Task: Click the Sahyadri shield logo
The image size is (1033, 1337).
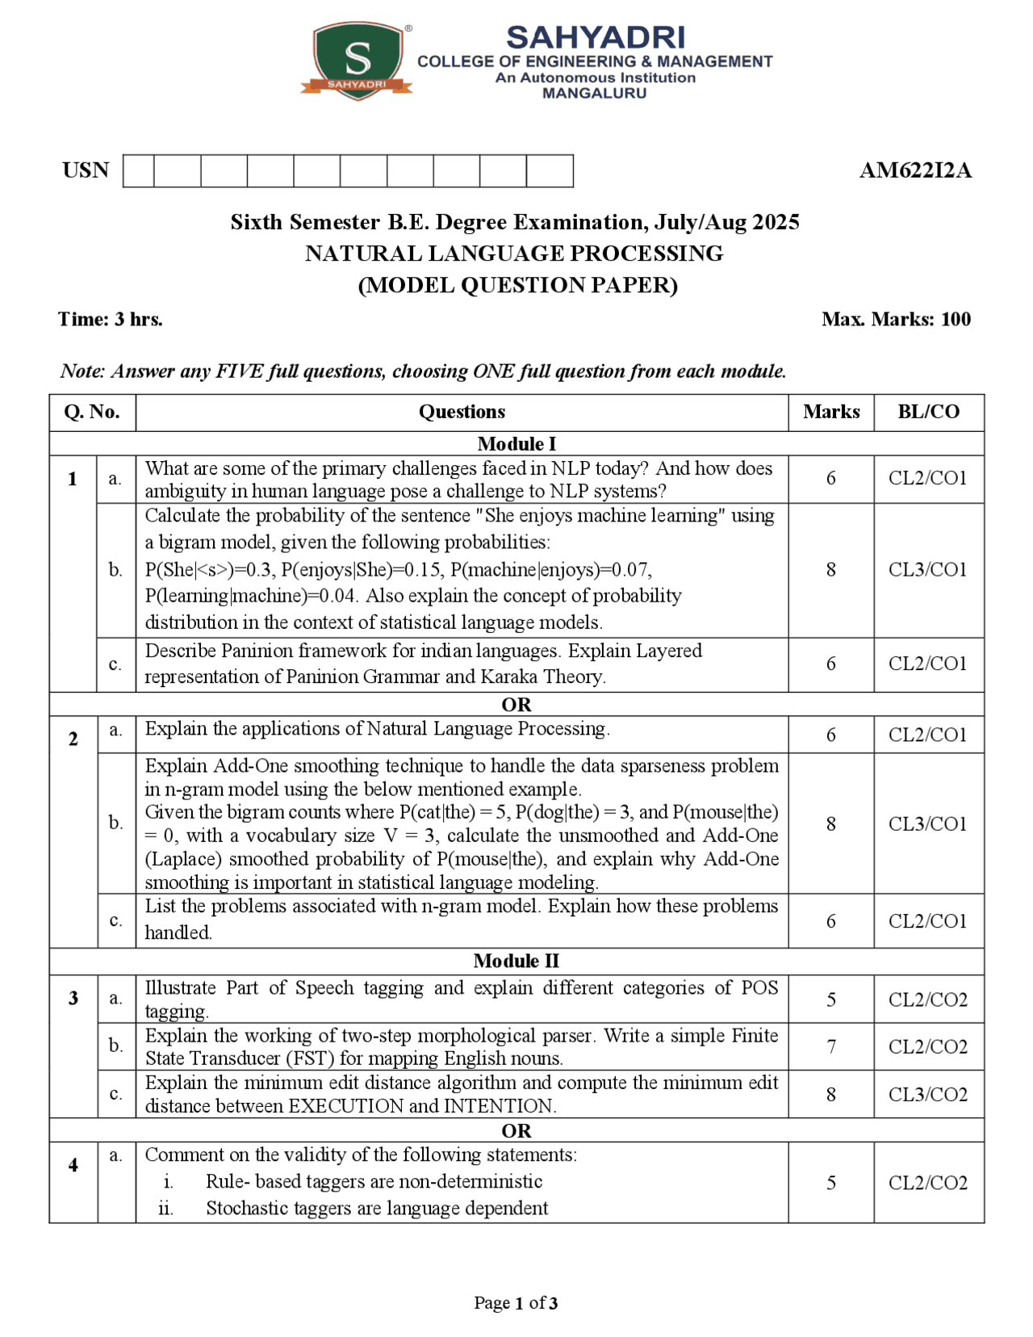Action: (x=358, y=61)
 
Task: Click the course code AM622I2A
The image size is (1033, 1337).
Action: (x=915, y=170)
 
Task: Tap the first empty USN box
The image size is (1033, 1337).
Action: (x=139, y=171)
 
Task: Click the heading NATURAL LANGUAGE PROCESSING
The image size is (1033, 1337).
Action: (x=514, y=254)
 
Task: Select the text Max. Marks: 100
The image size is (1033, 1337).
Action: (x=896, y=319)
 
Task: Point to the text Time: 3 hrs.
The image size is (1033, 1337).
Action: (x=111, y=319)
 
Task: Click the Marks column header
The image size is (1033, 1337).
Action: (x=830, y=412)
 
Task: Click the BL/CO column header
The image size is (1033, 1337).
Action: (x=928, y=412)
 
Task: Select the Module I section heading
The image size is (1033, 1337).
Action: (x=516, y=443)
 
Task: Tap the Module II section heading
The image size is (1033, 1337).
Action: (x=516, y=961)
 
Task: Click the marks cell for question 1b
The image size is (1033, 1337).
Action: (x=830, y=570)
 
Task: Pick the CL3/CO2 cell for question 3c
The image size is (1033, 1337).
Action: (x=928, y=1094)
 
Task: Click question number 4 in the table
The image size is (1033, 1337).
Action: (x=73, y=1165)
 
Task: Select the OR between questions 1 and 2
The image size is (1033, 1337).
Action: (x=516, y=704)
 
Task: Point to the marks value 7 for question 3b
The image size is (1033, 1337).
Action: (x=830, y=1047)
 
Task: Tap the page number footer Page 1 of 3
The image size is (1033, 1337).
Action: (x=516, y=1302)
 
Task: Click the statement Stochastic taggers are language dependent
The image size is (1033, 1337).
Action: (x=376, y=1208)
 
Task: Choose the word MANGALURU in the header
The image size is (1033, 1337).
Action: (x=594, y=93)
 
